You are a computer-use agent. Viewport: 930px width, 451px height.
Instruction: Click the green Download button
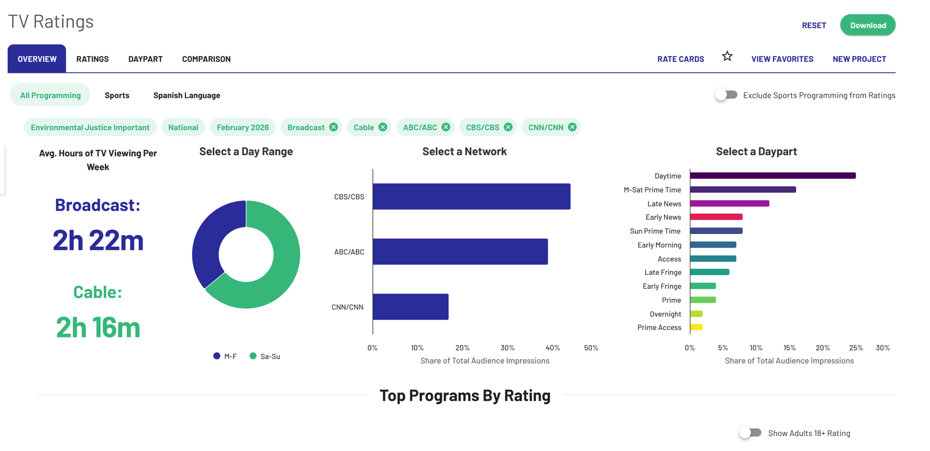tap(868, 25)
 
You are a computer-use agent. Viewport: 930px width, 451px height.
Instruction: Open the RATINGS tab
tap(93, 59)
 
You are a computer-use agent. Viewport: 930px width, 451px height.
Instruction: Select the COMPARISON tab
tap(206, 59)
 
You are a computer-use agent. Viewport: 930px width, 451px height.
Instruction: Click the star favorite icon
tap(727, 56)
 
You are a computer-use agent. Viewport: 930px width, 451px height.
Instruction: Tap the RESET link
tap(814, 25)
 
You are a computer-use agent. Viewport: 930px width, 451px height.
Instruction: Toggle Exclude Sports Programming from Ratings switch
tap(726, 95)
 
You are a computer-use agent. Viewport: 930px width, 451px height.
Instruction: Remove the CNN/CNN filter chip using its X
tap(572, 127)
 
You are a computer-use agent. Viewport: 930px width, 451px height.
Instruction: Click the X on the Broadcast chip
tap(333, 127)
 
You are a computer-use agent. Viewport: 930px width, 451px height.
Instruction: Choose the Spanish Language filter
tap(187, 95)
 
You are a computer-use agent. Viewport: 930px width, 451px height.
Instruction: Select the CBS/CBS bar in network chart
tap(472, 197)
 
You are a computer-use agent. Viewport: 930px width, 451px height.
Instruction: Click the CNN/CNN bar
tap(411, 307)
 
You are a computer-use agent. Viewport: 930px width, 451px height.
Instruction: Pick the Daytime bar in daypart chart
tap(773, 176)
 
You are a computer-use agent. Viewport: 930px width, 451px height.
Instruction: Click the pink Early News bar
tap(716, 217)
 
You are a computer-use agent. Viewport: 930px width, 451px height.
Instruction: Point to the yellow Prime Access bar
tap(696, 327)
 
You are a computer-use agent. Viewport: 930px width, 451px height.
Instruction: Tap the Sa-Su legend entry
tap(265, 356)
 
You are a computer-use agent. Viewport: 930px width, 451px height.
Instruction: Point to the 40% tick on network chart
tap(552, 348)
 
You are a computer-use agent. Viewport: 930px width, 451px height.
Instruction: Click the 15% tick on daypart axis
tap(790, 348)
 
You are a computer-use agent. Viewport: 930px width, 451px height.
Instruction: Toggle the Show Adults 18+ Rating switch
tap(750, 433)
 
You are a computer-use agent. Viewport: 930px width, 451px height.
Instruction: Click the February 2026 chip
tap(243, 127)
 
